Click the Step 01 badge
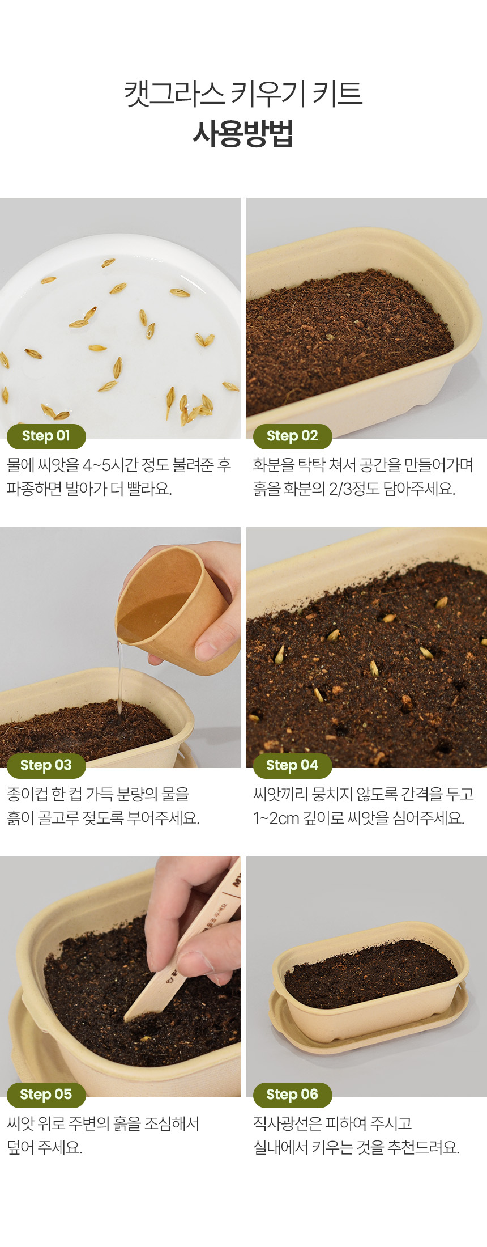[x=46, y=436]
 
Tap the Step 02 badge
[x=292, y=436]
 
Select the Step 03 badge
[x=46, y=765]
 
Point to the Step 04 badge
[x=292, y=765]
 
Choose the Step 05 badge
[x=46, y=1095]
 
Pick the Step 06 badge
[x=292, y=1095]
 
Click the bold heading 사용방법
[x=243, y=134]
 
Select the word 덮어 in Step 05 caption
[x=20, y=1147]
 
